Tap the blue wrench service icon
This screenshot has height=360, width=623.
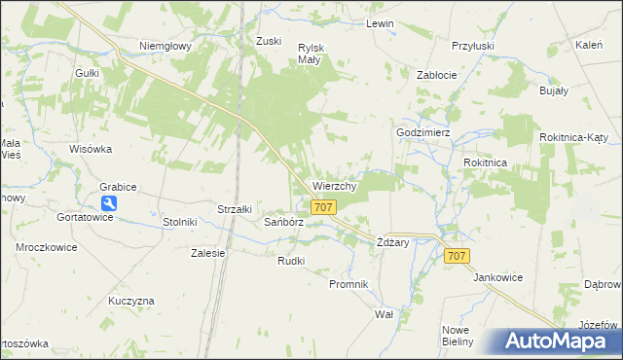tap(109, 203)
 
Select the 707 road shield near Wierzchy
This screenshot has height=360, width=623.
tap(324, 207)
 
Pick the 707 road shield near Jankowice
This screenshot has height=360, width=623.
tap(458, 255)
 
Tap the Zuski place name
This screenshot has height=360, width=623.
tap(269, 41)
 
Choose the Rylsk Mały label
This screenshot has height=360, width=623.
tap(311, 53)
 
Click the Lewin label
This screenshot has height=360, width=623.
tap(379, 23)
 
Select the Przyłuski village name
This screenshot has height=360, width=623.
tap(473, 45)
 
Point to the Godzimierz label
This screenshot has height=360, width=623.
tap(422, 132)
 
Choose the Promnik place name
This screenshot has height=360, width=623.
tap(348, 284)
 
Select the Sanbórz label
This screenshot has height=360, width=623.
tap(284, 222)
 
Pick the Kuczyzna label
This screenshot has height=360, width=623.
tap(131, 301)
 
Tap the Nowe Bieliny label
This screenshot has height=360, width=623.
tap(457, 336)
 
